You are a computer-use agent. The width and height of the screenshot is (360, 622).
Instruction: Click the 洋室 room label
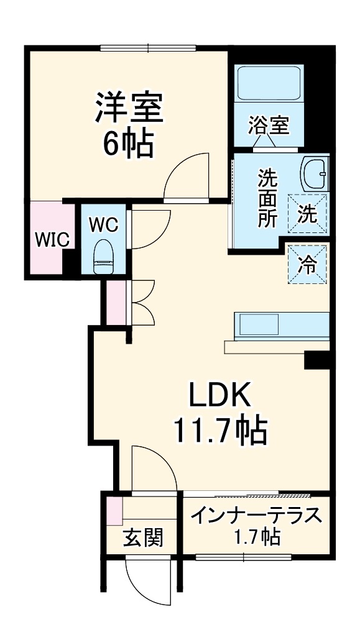129,109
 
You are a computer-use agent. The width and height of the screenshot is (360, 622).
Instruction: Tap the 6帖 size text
129,144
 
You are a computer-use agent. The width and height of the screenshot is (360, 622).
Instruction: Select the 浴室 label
269,126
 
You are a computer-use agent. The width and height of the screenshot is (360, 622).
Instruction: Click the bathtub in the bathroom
269,85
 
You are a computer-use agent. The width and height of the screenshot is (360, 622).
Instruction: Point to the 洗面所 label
268,198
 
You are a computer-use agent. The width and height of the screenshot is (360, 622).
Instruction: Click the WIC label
51,240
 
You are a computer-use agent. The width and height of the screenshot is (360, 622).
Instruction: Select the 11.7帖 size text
219,429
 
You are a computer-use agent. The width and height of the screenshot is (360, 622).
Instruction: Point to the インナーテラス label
256,516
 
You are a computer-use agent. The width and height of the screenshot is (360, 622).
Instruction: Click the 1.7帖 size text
256,536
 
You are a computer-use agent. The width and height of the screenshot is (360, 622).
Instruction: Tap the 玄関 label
142,537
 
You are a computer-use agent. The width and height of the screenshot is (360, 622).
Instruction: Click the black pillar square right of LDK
316,359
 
